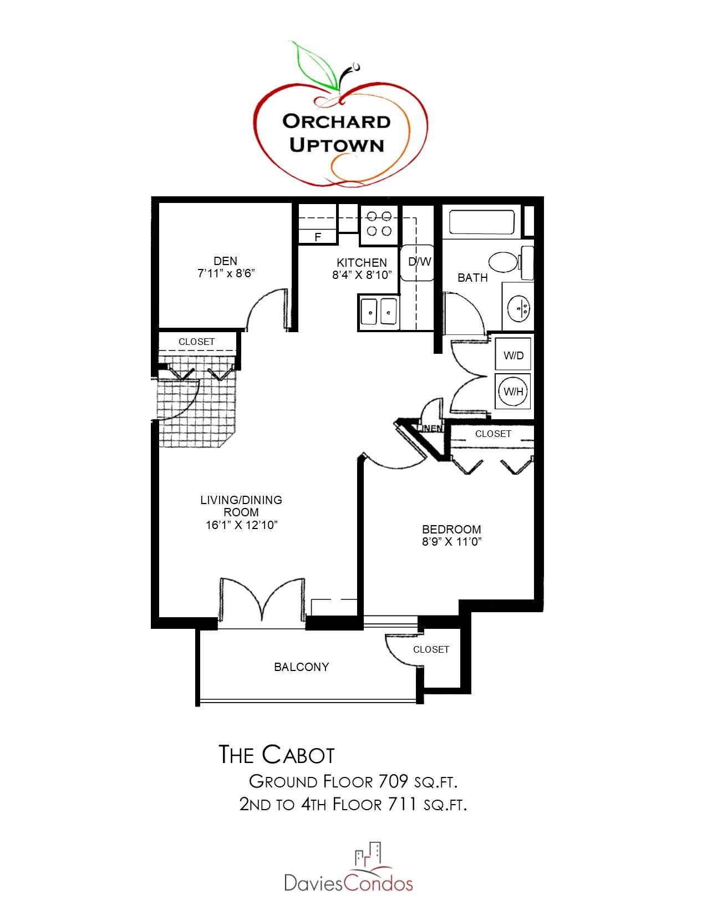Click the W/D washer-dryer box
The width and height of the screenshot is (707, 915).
point(513,355)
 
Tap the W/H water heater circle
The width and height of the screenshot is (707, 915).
point(513,392)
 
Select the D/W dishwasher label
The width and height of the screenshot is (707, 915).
point(420,262)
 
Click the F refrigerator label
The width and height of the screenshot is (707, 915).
point(318,237)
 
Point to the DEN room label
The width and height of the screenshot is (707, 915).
point(225,261)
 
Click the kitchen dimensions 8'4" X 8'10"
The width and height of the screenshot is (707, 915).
point(362,274)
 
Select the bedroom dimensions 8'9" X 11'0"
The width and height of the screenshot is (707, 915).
point(451,542)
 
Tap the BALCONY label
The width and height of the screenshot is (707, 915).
point(302,667)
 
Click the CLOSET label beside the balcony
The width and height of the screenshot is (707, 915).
point(431,649)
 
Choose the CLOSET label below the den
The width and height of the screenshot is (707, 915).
point(196,342)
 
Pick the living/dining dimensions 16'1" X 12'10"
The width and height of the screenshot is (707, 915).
point(241,525)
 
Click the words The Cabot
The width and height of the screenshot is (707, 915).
point(277,755)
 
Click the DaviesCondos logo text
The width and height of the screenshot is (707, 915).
point(348,882)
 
